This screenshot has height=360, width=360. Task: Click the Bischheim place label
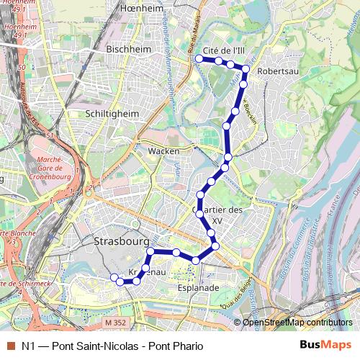[127, 49]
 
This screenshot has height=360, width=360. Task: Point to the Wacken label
[163, 151]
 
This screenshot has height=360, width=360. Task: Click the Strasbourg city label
[121, 242]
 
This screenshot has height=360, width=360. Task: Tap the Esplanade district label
[198, 287]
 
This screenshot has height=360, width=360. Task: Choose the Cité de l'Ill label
[225, 50]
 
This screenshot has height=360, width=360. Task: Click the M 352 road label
[115, 323]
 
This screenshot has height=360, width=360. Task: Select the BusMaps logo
[326, 346]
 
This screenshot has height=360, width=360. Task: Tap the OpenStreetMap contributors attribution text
[297, 323]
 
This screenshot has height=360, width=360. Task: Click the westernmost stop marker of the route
[113, 277]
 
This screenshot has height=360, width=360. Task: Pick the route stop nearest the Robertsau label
[246, 69]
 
